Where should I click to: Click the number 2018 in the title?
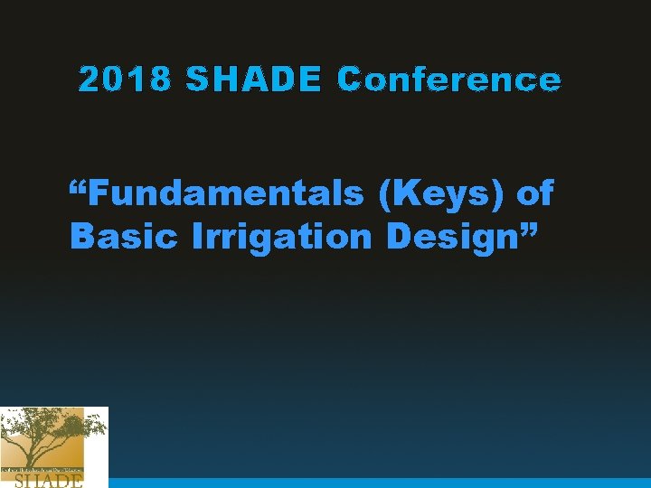pos(125,80)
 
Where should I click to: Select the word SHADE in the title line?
pos(253,80)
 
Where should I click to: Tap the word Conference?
pos(448,80)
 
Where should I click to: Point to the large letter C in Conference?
pos(348,80)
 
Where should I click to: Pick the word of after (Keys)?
pos(534,193)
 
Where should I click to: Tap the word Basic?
pos(124,236)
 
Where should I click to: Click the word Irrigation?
pos(281,237)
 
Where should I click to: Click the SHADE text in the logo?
pos(49,481)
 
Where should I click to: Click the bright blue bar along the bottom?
pos(380,483)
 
